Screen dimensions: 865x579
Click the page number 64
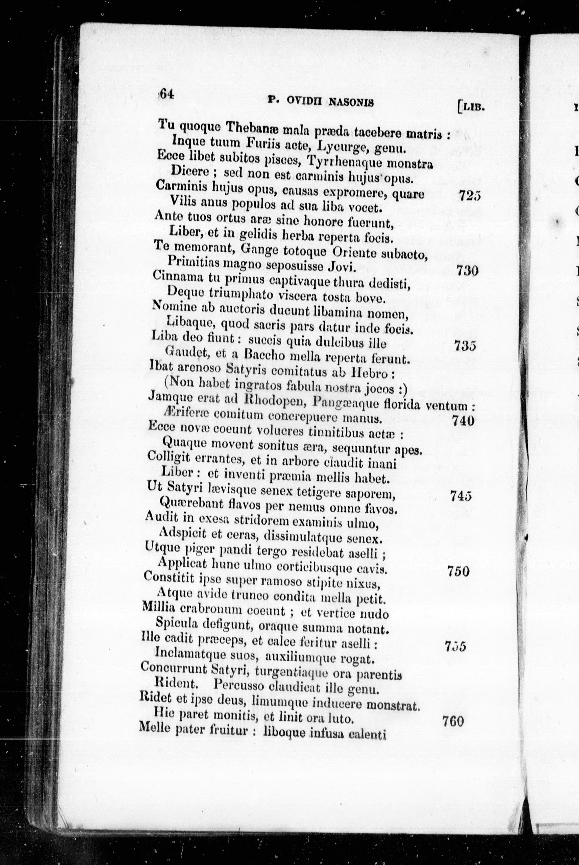tap(166, 94)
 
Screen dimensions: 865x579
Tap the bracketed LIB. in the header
tap(470, 107)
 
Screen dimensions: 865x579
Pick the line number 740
tap(463, 421)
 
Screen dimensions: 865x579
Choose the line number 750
tap(458, 571)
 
